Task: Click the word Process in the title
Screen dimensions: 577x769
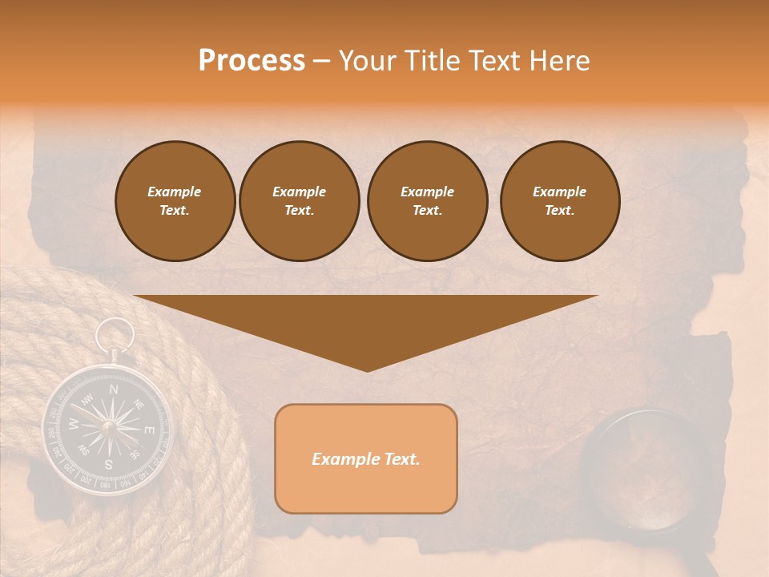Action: [x=252, y=61]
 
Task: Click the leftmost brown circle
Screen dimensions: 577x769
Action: [x=175, y=201]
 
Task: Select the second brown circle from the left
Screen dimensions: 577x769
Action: [x=300, y=201]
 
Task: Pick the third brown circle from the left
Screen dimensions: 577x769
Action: [x=427, y=201]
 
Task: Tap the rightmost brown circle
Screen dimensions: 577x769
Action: [x=560, y=201]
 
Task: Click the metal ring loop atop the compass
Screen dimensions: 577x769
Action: [x=117, y=333]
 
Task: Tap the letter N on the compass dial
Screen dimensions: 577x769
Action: [x=114, y=389]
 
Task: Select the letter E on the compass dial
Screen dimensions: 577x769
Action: [x=148, y=430]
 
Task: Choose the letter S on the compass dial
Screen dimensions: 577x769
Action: [x=108, y=465]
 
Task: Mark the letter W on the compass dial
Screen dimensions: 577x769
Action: [x=73, y=425]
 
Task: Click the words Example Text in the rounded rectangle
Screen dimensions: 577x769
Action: [x=366, y=459]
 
